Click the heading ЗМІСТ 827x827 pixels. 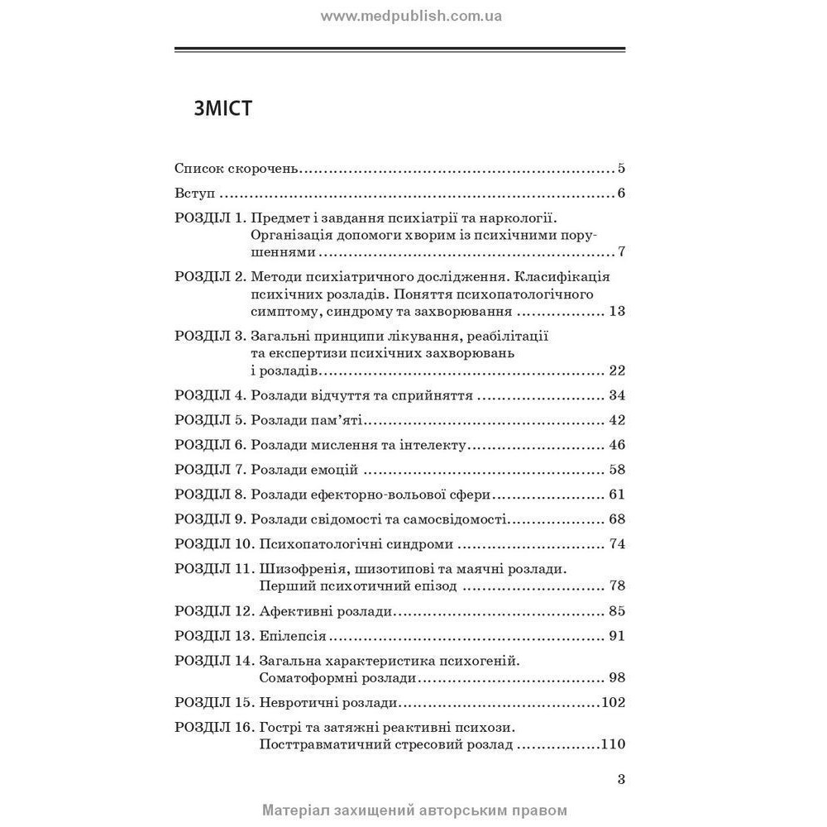coord(222,108)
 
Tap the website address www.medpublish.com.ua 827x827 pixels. coord(411,16)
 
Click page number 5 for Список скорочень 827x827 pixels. coord(620,169)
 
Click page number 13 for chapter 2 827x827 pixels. coord(616,312)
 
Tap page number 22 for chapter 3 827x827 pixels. coord(616,370)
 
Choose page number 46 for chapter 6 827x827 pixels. coord(616,445)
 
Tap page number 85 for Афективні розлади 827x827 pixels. coord(616,612)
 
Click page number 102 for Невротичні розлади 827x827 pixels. coord(613,703)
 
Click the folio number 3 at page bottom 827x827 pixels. coord(621,778)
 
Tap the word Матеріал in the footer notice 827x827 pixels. coord(293,810)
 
